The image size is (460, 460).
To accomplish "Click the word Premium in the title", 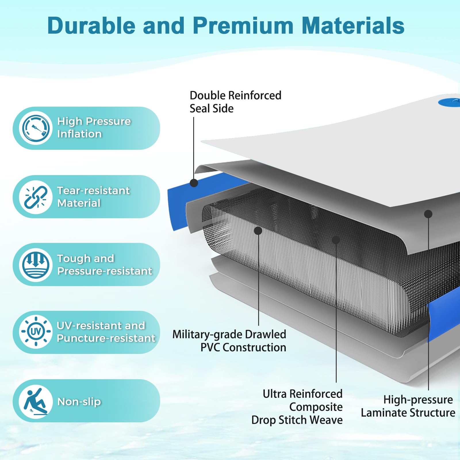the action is pyautogui.click(x=243, y=26).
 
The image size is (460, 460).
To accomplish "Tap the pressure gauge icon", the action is pyautogui.click(x=36, y=128).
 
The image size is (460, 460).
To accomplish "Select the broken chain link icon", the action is pyautogui.click(x=36, y=197).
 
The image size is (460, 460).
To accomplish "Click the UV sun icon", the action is pyautogui.click(x=36, y=332).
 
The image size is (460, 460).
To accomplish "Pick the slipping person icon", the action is pyautogui.click(x=36, y=401).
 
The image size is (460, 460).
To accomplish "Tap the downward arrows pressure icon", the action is pyautogui.click(x=36, y=265).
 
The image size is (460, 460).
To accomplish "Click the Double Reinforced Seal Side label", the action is pyautogui.click(x=235, y=102).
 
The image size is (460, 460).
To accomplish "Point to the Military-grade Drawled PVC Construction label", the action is pyautogui.click(x=229, y=341).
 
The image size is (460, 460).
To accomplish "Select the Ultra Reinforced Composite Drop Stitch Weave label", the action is pyautogui.click(x=297, y=407).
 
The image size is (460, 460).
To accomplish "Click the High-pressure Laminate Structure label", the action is pyautogui.click(x=408, y=406).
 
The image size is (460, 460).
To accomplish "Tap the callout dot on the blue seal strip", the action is pyautogui.click(x=194, y=183).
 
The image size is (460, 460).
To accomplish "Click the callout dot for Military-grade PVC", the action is pyautogui.click(x=258, y=231).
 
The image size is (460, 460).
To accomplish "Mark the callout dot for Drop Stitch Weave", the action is pyautogui.click(x=336, y=240).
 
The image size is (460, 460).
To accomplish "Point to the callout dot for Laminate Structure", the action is pyautogui.click(x=428, y=214).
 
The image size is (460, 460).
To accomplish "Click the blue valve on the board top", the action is pyautogui.click(x=449, y=102).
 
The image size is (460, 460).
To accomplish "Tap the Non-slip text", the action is pyautogui.click(x=79, y=402).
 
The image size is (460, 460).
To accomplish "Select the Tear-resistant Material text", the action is pyautogui.click(x=93, y=197).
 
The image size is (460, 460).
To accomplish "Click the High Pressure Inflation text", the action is pyautogui.click(x=94, y=128).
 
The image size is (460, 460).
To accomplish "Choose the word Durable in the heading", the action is pyautogui.click(x=91, y=26).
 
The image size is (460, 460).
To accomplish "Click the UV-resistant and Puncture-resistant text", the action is pyautogui.click(x=106, y=332).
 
